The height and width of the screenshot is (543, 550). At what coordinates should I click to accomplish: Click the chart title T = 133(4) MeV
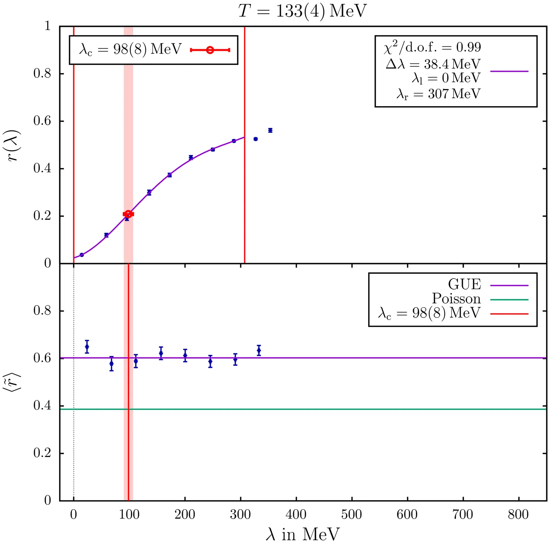coord(302,11)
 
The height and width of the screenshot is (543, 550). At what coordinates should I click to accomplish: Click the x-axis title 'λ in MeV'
coord(302,534)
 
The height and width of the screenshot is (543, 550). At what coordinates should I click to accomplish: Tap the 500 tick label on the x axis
coord(352,514)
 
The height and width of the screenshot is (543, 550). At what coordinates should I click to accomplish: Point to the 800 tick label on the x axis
coord(518,514)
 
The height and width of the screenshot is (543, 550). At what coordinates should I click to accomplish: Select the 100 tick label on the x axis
coord(129,514)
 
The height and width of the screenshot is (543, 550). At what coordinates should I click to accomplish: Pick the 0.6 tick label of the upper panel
coord(42,121)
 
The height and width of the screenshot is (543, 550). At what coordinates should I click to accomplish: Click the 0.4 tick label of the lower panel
coord(42,406)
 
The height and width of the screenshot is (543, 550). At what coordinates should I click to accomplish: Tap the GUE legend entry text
coord(464,284)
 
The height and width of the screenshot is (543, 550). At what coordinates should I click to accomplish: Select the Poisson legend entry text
coord(456,298)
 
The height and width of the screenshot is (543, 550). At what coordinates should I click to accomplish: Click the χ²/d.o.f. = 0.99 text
coord(432,47)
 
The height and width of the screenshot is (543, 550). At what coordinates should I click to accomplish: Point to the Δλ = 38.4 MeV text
coord(433,64)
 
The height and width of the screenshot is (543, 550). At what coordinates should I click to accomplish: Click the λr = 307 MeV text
coord(438,94)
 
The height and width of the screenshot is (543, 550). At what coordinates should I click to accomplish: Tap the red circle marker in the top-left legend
coord(210,50)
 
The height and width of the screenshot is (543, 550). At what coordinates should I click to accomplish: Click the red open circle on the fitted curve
coord(128,214)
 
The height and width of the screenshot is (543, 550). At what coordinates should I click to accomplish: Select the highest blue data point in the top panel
coord(270,130)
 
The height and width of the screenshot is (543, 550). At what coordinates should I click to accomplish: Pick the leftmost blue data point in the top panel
coord(81,255)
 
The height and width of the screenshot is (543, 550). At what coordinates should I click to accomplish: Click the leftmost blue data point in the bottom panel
coord(87,347)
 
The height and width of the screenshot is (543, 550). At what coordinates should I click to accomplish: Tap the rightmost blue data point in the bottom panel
coord(259,350)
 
